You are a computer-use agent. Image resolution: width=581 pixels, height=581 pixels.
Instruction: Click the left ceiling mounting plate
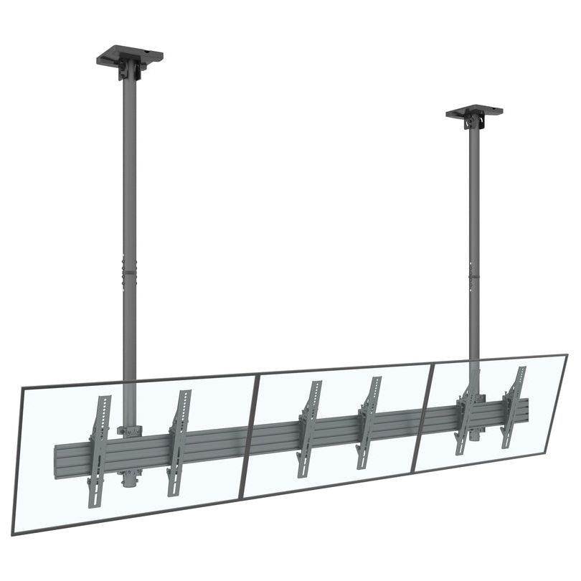[130, 55]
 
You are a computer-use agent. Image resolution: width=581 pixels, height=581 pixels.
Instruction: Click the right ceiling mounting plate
[474, 112]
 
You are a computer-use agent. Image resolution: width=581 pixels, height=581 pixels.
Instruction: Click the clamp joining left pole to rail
[130, 431]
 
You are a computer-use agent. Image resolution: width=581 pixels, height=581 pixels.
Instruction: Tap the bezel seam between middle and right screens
[423, 417]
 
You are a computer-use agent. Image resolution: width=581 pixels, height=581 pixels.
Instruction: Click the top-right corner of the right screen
[567, 355]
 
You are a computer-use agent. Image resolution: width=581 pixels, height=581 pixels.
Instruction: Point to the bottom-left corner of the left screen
[14, 532]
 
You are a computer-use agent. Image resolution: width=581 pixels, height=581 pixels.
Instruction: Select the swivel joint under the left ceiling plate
[129, 70]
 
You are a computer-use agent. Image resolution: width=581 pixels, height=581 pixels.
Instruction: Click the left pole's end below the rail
[129, 479]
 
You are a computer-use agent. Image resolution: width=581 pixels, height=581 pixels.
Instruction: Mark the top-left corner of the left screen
[22, 388]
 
